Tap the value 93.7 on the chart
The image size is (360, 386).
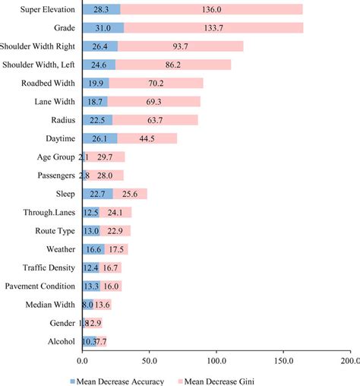point(179,46)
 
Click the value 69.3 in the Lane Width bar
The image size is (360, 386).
point(161,101)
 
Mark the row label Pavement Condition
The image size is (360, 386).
point(39,286)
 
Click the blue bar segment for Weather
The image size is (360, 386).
point(93,249)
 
